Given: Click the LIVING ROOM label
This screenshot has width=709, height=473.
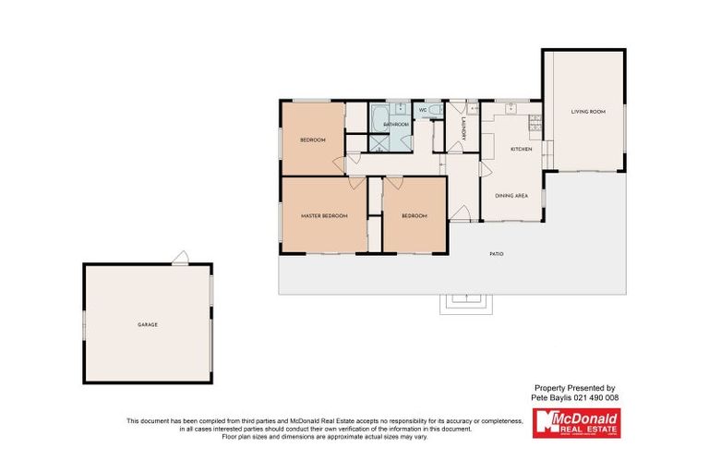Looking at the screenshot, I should point(587,112).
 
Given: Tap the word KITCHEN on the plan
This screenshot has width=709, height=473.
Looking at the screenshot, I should point(522,149).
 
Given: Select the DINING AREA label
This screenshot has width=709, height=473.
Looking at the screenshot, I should point(511,196).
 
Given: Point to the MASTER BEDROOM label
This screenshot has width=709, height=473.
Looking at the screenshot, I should point(324,216).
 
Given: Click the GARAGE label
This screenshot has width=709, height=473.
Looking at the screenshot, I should point(148,324).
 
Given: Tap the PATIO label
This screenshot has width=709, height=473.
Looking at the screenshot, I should point(497,253).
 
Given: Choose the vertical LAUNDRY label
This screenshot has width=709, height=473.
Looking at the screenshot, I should point(463,129).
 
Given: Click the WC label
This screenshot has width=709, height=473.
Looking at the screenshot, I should point(423,111).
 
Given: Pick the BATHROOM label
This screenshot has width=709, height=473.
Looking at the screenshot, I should point(396,124).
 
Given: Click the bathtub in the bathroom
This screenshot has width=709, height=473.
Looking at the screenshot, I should point(379,117).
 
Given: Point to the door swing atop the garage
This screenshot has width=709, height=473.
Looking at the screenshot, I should point(182,258).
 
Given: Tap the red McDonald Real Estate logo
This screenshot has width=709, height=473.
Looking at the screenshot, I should point(577,423).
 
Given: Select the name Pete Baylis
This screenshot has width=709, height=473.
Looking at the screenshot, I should point(551,397).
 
